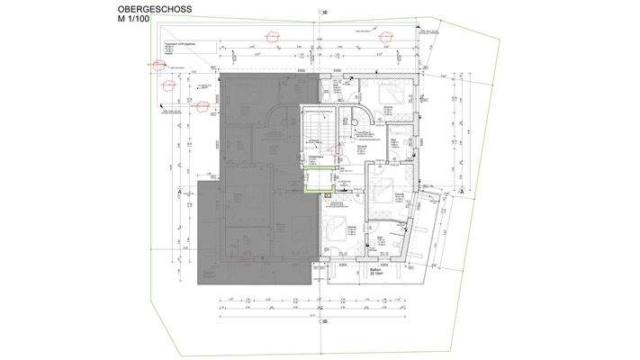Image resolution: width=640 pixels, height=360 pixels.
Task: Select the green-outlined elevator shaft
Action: point(313,178)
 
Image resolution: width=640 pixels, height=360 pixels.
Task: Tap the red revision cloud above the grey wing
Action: point(269,36)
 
